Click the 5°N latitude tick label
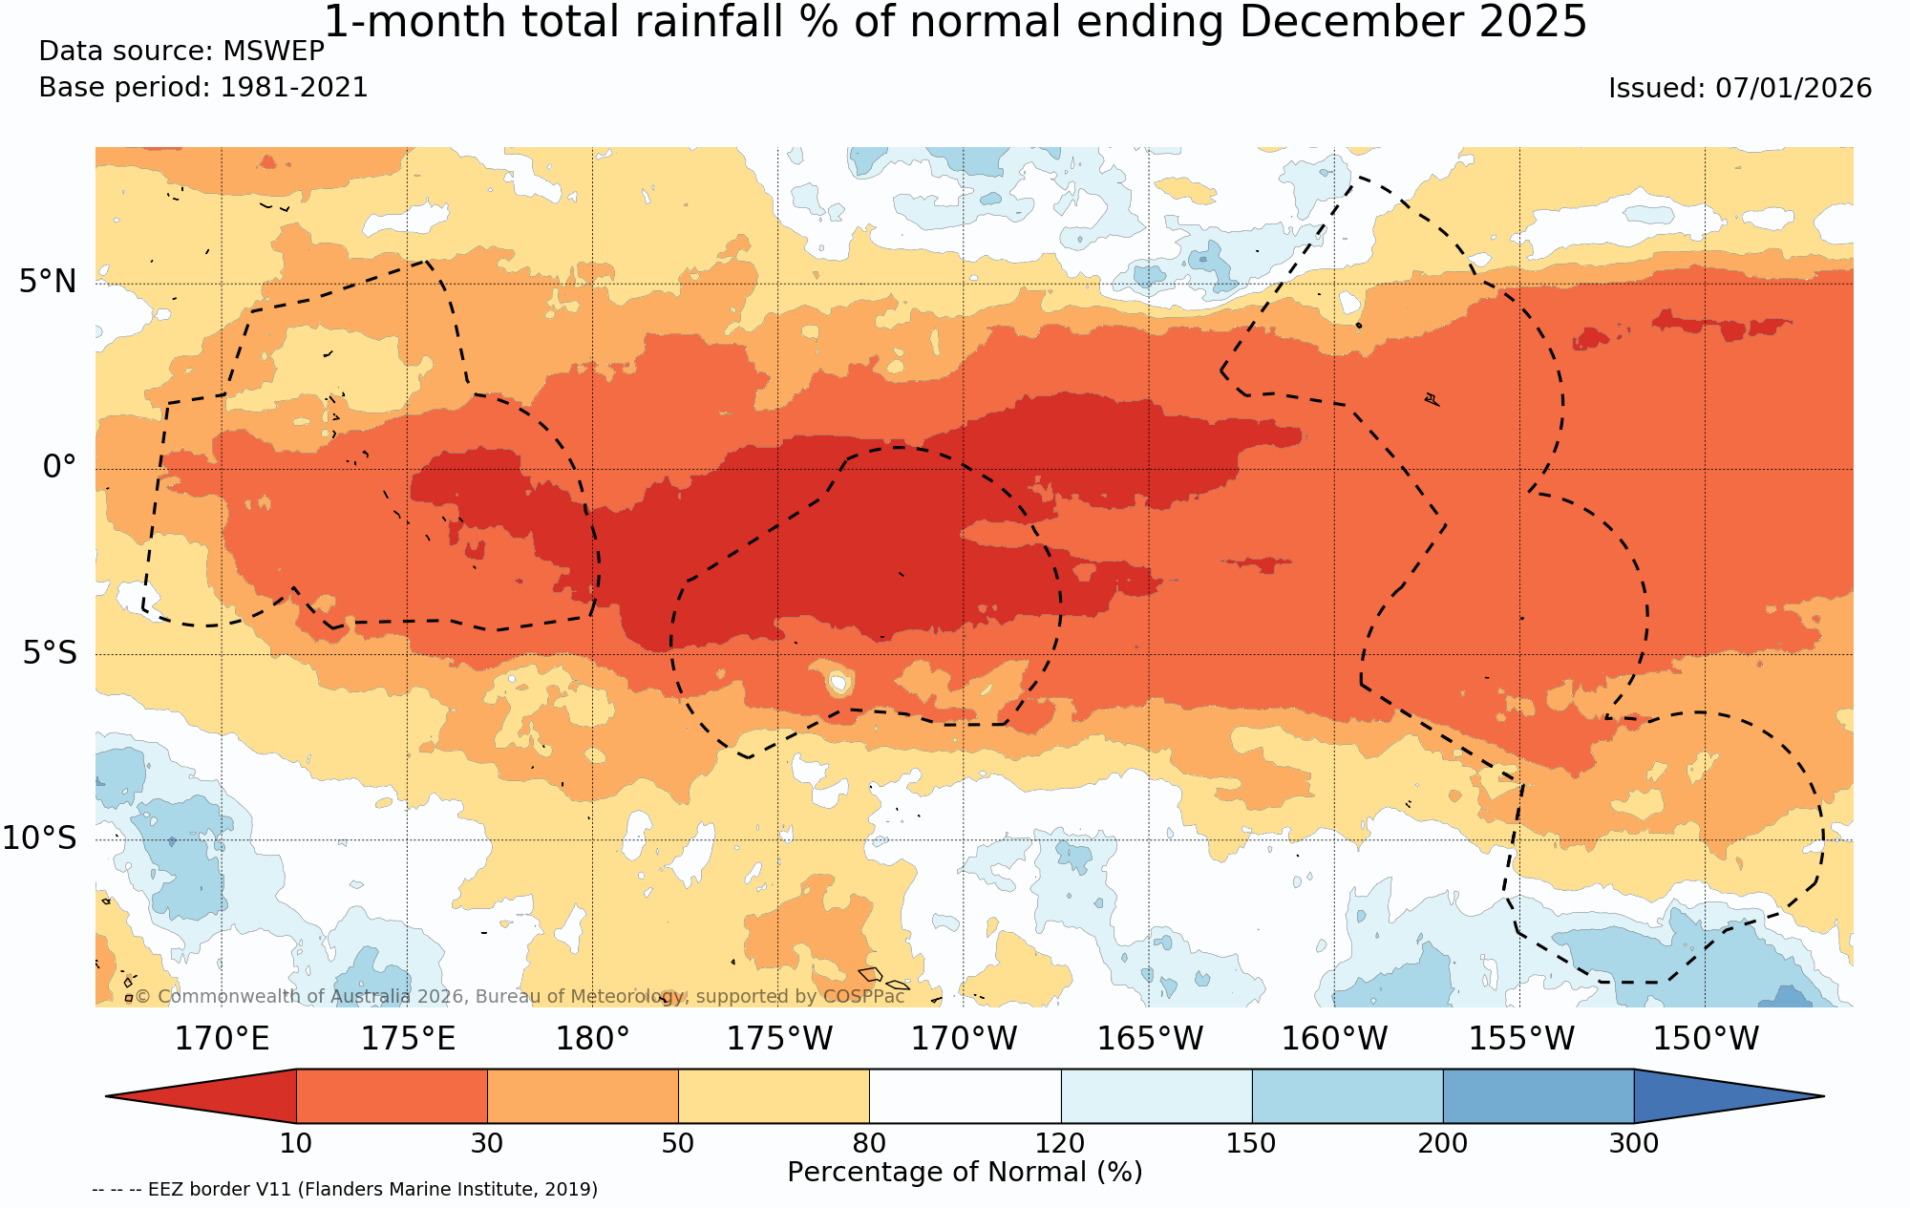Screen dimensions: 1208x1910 click(x=48, y=282)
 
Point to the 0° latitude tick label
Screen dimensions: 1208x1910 click(x=59, y=467)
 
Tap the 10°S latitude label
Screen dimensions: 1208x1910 click(x=39, y=838)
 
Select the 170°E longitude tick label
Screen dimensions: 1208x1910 click(x=222, y=1038)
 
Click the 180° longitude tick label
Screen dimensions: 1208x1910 click(x=592, y=1038)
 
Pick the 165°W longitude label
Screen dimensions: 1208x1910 click(x=1149, y=1038)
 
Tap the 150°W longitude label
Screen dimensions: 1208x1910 click(x=1706, y=1038)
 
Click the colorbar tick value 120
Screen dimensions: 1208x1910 click(x=1060, y=1143)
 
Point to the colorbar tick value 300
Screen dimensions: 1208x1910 click(x=1633, y=1143)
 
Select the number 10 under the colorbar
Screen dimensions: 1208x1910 click(x=296, y=1143)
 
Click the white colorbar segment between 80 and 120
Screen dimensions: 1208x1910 click(x=965, y=1096)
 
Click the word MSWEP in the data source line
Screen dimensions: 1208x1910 click(x=273, y=52)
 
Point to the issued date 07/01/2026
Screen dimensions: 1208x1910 click(x=1793, y=89)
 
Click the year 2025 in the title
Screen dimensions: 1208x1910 click(x=1533, y=22)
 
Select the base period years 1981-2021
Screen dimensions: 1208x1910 click(x=294, y=88)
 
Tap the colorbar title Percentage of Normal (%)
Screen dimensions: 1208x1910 click(x=965, y=1173)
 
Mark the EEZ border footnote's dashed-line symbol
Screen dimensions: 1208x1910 click(x=117, y=1190)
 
